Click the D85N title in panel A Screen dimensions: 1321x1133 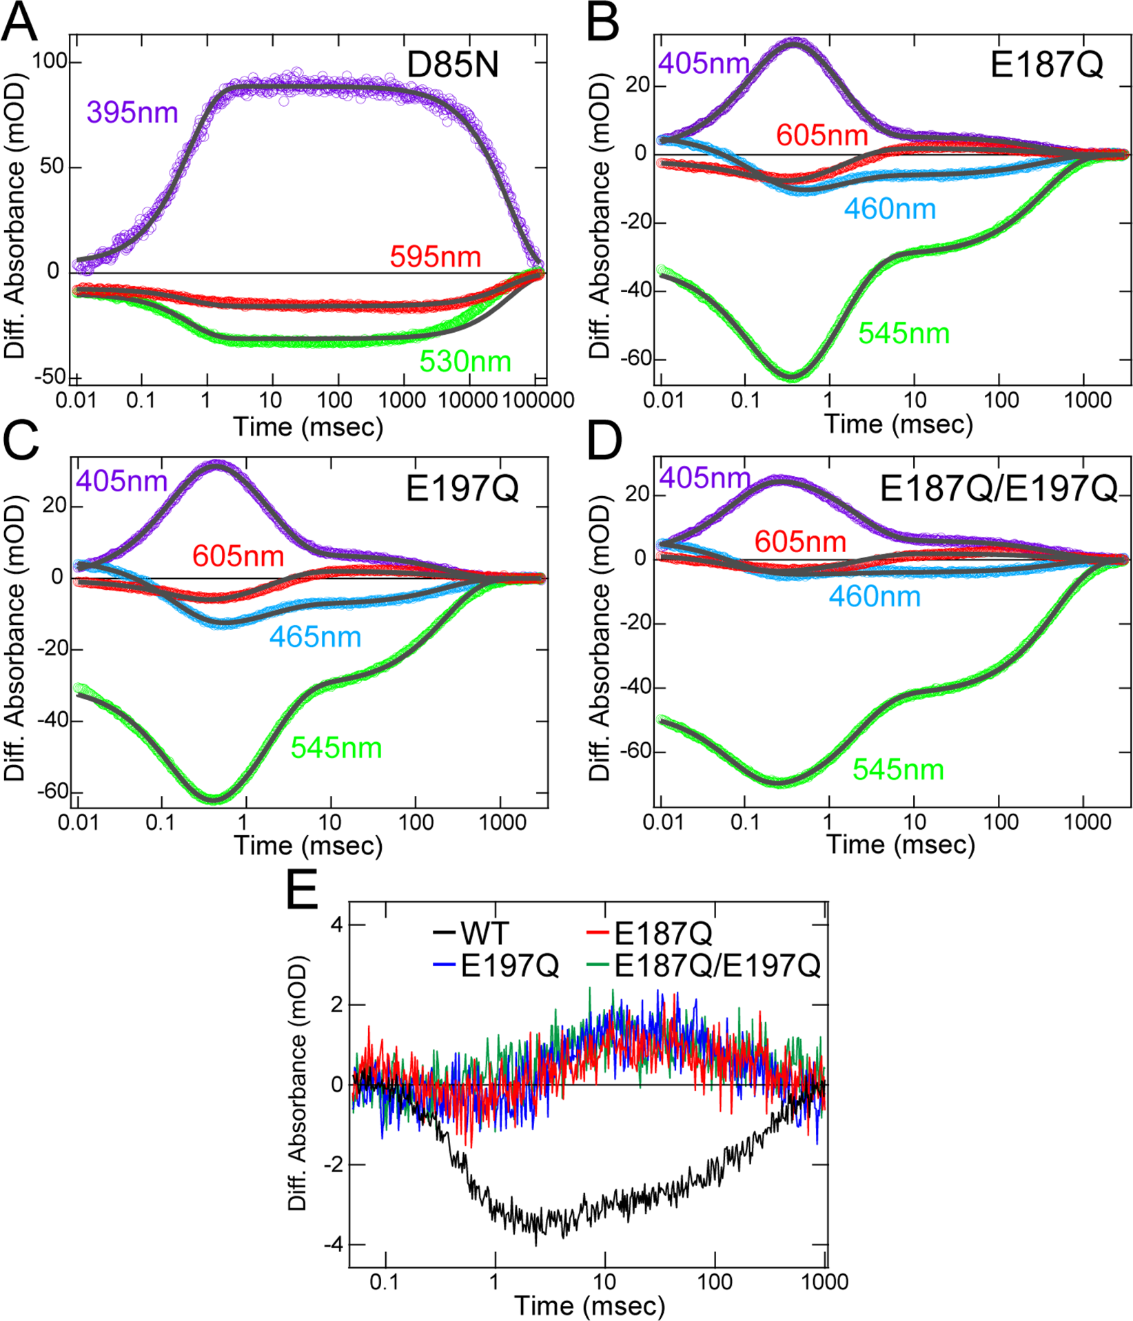[x=452, y=65]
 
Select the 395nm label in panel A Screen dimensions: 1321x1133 [x=132, y=112]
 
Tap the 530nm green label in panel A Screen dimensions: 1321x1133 [x=465, y=361]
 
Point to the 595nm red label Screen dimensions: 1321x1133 [x=435, y=257]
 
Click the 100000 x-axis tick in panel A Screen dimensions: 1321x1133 [x=538, y=400]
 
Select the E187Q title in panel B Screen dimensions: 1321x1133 [x=1046, y=65]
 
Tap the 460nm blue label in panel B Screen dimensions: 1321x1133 [x=890, y=209]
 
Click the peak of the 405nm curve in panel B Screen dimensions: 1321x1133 [x=796, y=41]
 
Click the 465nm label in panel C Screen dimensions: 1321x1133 [x=315, y=637]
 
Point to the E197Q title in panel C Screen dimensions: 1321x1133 [x=462, y=489]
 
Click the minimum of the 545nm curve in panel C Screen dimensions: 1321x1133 [x=215, y=799]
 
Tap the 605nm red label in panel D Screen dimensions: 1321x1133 [x=799, y=542]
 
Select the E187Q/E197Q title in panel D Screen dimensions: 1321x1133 [x=998, y=489]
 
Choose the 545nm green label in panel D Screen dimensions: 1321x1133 [x=898, y=770]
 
